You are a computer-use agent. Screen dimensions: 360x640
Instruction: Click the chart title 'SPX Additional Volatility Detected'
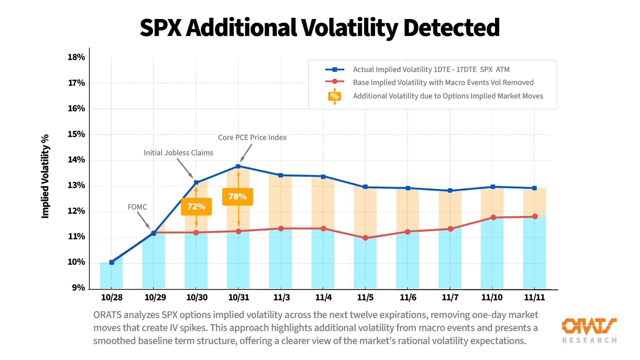point(319,27)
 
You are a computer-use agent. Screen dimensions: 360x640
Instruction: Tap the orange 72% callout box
point(196,207)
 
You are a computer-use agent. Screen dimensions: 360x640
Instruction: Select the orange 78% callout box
point(237,197)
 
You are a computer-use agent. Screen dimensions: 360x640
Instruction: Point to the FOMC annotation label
point(137,207)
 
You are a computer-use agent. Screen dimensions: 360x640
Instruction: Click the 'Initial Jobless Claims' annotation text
point(178,153)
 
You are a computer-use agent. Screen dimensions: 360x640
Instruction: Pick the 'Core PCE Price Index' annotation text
point(252,137)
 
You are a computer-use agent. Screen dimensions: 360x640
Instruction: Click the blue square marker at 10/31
point(238,166)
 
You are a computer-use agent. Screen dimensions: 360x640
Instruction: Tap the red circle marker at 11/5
point(365,238)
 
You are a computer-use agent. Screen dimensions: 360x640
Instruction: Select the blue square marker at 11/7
point(450,190)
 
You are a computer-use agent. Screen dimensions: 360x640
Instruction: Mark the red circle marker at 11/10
point(493,217)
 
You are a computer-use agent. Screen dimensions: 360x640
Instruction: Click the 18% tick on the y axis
point(76,57)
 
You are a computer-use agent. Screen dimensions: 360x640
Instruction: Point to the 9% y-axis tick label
point(78,287)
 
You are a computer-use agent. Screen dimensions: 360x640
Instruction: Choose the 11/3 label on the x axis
point(282,297)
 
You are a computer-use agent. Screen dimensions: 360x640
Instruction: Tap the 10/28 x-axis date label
point(112,297)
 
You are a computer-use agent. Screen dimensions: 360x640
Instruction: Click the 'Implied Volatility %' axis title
point(46,176)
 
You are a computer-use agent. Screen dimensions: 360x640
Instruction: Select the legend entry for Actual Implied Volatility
point(431,69)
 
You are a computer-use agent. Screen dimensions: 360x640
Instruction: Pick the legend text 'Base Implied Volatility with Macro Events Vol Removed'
point(443,82)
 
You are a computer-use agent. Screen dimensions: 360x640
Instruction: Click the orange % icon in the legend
point(334,96)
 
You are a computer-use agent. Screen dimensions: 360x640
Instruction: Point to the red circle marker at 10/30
point(196,232)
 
